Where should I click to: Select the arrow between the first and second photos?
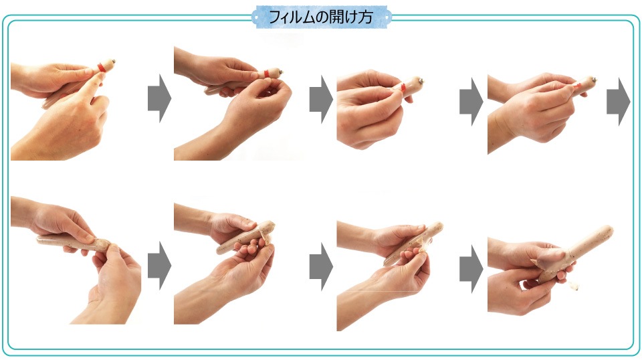pos(159,98)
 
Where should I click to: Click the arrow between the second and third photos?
pos(321,100)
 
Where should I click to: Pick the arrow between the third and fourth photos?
pos(471,102)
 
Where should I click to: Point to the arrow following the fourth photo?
pos(618,102)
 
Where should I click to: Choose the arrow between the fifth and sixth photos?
pos(159,266)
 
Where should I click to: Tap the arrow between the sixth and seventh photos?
pos(321,267)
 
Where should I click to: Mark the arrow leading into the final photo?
pos(471,269)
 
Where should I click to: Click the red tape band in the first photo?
pos(102,67)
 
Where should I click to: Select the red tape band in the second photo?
pos(267,74)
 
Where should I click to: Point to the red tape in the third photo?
pos(403,87)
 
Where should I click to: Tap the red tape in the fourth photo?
pos(577,86)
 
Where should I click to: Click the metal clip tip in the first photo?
pos(113,62)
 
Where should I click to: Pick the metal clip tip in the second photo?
pos(282,72)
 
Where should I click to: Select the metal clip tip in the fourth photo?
pos(594,80)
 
